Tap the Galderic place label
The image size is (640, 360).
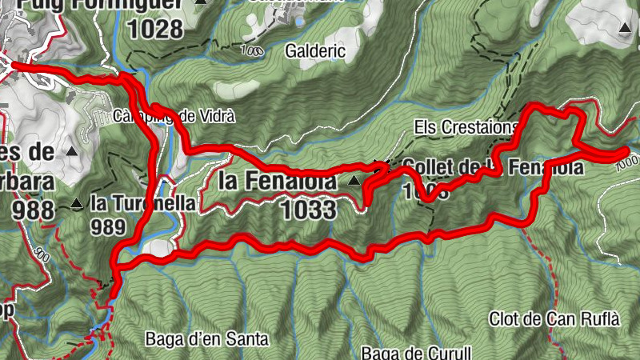click(316, 50)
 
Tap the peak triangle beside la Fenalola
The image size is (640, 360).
click(354, 182)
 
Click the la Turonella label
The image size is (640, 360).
click(142, 203)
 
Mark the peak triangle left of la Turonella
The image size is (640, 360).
click(77, 203)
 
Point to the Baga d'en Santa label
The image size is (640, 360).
click(206, 338)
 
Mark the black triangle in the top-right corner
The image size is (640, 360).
click(625, 27)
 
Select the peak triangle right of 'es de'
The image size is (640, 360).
click(73, 150)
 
